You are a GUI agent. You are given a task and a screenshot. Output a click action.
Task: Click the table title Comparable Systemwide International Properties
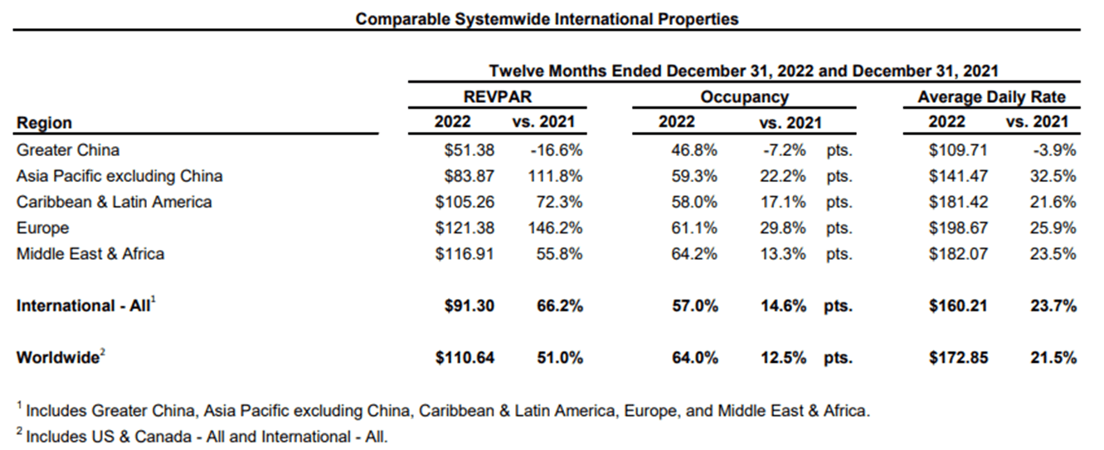click(547, 18)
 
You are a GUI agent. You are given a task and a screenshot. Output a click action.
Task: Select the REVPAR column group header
click(498, 96)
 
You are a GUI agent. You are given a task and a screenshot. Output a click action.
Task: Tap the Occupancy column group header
click(744, 96)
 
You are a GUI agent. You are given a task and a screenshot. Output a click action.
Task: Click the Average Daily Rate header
click(991, 96)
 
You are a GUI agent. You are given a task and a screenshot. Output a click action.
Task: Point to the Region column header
click(44, 123)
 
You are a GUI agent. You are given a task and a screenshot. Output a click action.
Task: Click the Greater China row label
click(68, 150)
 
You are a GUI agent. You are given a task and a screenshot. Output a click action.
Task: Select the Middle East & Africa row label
click(90, 254)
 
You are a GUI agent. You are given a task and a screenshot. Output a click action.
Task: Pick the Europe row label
click(42, 228)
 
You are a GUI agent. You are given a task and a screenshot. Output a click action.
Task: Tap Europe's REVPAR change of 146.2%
click(555, 228)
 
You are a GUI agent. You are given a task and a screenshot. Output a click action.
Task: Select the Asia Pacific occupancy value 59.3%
click(694, 176)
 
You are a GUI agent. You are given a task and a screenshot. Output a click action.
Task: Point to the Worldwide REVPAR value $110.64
click(464, 358)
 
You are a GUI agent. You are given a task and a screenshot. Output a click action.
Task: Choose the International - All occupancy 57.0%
click(694, 306)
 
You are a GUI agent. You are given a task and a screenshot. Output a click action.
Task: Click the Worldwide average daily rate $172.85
click(958, 358)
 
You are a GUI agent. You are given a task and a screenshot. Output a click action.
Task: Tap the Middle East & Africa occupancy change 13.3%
click(782, 254)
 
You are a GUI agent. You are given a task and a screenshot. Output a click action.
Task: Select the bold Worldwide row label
click(57, 358)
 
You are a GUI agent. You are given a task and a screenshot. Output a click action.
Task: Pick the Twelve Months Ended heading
click(743, 71)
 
